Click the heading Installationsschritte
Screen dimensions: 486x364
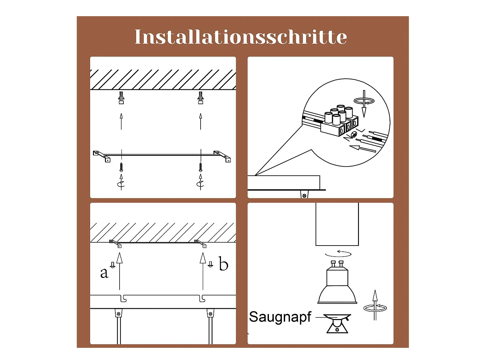241,37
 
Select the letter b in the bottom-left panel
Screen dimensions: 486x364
223,263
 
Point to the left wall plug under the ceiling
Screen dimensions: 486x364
121,98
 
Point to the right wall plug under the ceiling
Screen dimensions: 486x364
200,98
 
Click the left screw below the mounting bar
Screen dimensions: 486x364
121,167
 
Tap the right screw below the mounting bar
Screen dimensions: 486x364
200,167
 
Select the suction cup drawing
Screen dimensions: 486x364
337,323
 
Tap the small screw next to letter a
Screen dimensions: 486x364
112,265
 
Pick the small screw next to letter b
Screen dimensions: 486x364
210,264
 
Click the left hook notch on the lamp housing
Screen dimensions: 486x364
123,299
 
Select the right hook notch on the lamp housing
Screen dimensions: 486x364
202,299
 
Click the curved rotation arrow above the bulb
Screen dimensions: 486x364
338,253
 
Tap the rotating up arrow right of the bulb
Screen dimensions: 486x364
375,305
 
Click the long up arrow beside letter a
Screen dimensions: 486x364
120,271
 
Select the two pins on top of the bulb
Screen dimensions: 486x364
337,264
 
